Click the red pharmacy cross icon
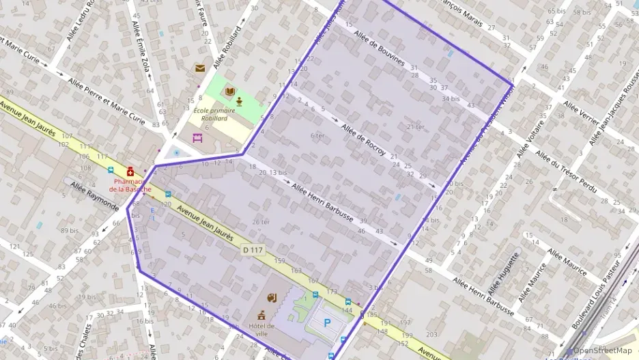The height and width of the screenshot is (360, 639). [130, 171]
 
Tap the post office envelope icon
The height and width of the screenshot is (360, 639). [199, 68]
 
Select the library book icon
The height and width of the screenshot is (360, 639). [230, 91]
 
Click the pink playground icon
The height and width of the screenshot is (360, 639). [198, 138]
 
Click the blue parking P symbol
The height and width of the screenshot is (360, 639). [327, 322]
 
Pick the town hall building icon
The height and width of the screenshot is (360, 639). [261, 316]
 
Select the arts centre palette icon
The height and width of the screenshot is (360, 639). [271, 297]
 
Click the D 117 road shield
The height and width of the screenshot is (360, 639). [253, 250]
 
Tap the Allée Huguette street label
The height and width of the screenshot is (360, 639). [505, 274]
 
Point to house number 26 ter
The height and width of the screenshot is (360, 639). [261, 221]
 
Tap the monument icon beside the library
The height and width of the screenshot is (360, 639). [240, 100]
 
